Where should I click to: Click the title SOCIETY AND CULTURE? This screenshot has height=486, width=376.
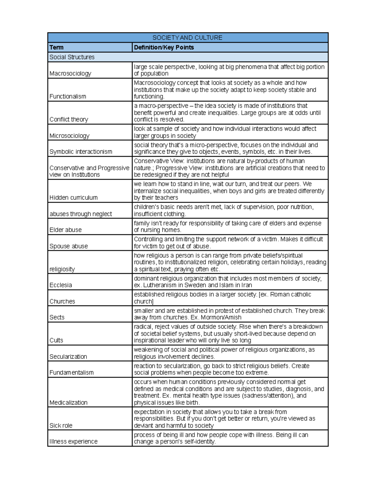187,38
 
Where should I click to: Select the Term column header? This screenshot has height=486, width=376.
57,48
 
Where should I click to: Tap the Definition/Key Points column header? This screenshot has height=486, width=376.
164,48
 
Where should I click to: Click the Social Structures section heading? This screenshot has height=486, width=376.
72,57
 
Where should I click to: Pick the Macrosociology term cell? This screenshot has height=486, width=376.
70,74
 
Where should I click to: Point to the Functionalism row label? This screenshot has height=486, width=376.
68,96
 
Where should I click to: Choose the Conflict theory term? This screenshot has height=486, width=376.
69,119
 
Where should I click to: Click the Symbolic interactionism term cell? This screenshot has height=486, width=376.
81,152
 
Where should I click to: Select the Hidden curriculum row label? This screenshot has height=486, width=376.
74,197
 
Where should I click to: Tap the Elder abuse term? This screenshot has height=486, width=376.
65,230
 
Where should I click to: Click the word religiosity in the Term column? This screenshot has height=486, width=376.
62,269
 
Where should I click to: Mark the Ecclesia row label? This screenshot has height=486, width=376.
61,285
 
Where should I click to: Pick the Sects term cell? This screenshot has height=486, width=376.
57,317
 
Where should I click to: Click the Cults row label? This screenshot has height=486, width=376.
56,340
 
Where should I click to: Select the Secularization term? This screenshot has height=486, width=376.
68,356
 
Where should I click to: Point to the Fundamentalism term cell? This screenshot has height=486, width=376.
71,372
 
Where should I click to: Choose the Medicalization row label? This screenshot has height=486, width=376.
68,402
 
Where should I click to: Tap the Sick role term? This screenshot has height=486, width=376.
61,426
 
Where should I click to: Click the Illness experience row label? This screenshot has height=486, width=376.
74,442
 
